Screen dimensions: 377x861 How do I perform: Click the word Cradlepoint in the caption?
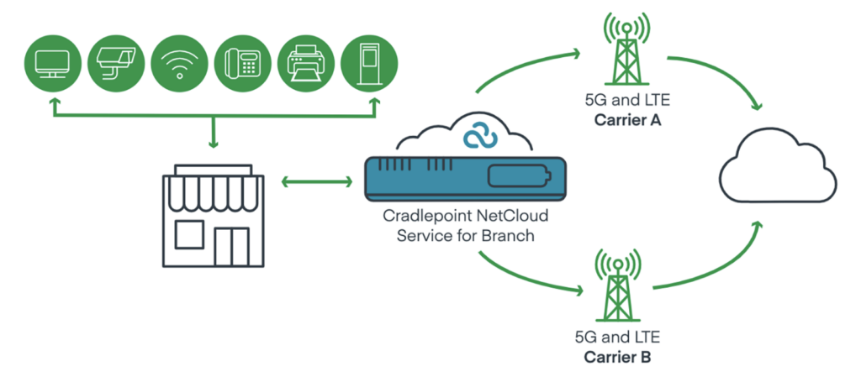[x=418, y=217]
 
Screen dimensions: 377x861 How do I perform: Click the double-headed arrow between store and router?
[x=315, y=181]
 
